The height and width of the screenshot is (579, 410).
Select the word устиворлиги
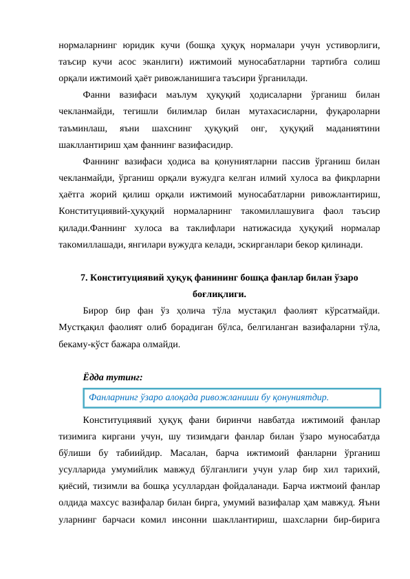point(349,45)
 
